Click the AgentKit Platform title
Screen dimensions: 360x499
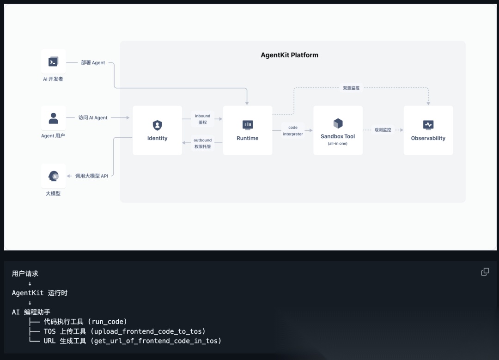(x=289, y=55)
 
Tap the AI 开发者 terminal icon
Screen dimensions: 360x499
(x=53, y=61)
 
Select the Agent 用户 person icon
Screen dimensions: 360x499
(x=54, y=118)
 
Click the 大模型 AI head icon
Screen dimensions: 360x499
(x=54, y=176)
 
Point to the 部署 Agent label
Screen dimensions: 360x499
(x=93, y=62)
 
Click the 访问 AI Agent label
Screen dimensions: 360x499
(x=93, y=118)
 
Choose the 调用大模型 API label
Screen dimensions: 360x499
(x=91, y=176)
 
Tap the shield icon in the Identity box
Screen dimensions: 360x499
(x=157, y=125)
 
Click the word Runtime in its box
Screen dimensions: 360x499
(x=248, y=138)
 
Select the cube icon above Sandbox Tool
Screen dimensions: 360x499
(x=338, y=123)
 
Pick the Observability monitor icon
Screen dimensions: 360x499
(x=428, y=125)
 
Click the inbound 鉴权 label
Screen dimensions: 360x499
(x=202, y=119)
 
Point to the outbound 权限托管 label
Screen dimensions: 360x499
(x=202, y=143)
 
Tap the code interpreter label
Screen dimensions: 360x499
(x=293, y=131)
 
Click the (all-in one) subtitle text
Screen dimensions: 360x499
(x=338, y=144)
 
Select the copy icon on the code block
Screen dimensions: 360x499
(x=485, y=272)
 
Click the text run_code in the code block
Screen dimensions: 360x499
(x=109, y=322)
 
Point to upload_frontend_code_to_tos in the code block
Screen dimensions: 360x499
(x=148, y=331)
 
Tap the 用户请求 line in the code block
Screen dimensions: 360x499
(x=25, y=274)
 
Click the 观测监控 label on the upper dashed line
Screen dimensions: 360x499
(x=351, y=88)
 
